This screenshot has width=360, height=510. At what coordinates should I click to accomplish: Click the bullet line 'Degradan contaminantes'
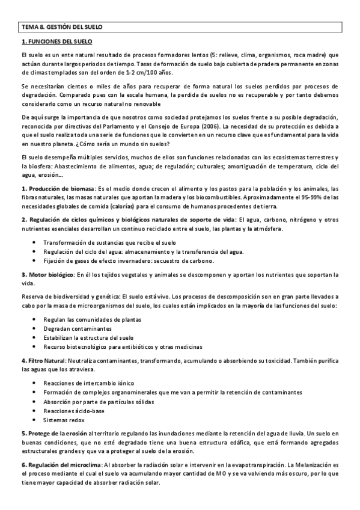[77, 329]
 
